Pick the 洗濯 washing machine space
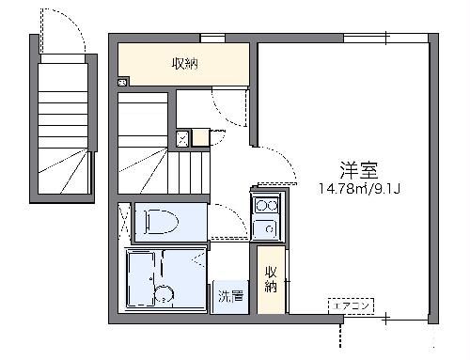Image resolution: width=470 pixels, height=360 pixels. point(229,296)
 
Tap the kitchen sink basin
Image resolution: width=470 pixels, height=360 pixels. point(263,227)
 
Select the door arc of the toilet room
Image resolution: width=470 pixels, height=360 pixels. point(223,220)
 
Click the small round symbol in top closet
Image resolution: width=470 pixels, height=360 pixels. point(123,82)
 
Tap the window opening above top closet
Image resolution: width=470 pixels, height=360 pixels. point(212,38)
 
